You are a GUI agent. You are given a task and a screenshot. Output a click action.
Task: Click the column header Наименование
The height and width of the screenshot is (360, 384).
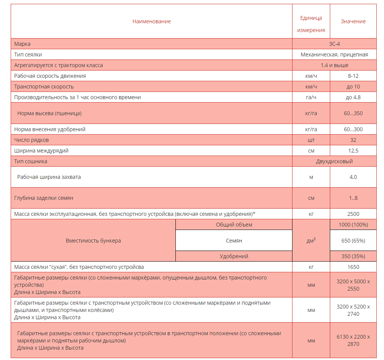coord(151,21)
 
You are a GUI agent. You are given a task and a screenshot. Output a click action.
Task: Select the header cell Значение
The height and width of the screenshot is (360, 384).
coord(353,21)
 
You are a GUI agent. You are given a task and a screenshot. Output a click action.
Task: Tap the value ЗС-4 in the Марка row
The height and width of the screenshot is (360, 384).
coord(334,44)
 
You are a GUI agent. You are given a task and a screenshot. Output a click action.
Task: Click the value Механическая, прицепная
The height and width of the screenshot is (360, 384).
coord(334,55)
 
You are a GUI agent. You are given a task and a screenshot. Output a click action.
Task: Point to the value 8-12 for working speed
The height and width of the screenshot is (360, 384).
coord(353,76)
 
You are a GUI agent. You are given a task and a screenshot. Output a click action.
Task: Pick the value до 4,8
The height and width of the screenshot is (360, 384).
coord(353,97)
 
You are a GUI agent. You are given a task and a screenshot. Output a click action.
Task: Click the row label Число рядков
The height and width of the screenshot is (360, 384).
coord(31,140)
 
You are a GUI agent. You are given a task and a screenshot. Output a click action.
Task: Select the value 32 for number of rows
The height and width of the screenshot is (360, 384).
coord(353,140)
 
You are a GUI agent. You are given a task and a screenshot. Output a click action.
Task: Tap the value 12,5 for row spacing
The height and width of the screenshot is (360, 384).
coord(353,151)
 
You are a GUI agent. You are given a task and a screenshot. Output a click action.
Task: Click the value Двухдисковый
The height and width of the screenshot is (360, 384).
coord(334,161)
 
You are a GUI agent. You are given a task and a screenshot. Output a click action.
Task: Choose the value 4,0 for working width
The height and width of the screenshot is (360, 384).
coord(353,177)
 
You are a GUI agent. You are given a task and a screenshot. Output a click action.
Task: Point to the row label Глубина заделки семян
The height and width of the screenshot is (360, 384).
coord(43,198)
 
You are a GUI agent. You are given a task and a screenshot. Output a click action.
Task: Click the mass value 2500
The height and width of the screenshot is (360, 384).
coord(353,214)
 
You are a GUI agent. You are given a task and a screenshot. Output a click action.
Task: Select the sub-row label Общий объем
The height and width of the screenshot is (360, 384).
coord(234,225)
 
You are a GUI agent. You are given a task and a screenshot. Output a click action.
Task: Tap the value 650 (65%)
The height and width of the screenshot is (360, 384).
coord(353,241)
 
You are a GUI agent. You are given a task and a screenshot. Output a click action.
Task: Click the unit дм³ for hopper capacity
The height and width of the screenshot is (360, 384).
coord(311,241)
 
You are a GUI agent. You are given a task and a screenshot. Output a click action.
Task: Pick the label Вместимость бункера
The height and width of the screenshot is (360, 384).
coord(93,241)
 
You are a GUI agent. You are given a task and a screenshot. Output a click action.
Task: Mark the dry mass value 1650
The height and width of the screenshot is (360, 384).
coord(353,267)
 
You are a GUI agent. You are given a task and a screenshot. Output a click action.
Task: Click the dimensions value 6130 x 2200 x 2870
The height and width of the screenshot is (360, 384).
coord(353,341)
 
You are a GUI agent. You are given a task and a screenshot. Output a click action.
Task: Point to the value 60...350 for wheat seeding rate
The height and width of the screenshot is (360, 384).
coord(353,113)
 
